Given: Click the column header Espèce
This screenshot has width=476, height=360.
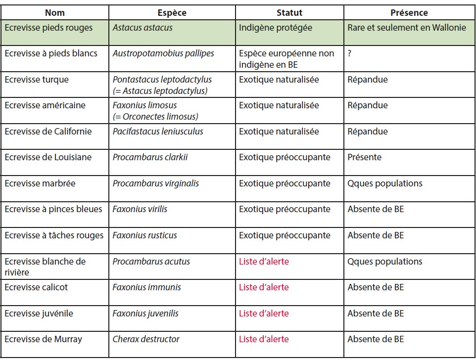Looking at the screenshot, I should click(172, 13).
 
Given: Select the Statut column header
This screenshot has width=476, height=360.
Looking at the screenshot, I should click(289, 13).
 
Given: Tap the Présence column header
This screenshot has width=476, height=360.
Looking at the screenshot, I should click(409, 13).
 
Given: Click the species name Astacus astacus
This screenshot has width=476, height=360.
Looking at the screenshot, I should click(143, 28).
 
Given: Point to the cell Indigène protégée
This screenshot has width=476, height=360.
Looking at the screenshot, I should click(275, 28).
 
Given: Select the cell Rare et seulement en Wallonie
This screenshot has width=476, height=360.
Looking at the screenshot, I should click(407, 28).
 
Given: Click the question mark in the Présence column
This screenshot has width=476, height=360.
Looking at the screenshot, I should click(349, 53).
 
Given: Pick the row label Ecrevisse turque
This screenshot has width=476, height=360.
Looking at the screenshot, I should click(37, 80).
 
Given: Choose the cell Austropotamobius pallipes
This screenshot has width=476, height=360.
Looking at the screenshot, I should click(163, 53).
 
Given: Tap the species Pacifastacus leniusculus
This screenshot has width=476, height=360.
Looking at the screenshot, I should click(158, 132).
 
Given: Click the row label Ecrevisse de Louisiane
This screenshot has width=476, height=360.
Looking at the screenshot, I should click(48, 157).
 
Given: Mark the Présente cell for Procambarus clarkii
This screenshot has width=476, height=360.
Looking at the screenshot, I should click(365, 157).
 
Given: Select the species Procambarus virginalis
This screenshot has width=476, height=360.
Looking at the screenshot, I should click(156, 183).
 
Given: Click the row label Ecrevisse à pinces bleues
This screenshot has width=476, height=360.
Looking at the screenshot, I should click(53, 209).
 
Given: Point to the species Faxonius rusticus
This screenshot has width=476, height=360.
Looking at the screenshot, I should click(144, 235).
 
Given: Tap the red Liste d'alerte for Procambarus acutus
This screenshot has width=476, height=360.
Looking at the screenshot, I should click(264, 261).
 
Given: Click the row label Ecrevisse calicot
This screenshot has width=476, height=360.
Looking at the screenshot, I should click(36, 287).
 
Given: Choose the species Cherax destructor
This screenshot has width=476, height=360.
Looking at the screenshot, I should click(146, 339).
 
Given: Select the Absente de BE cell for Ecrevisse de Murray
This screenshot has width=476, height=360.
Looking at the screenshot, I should click(376, 339).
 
